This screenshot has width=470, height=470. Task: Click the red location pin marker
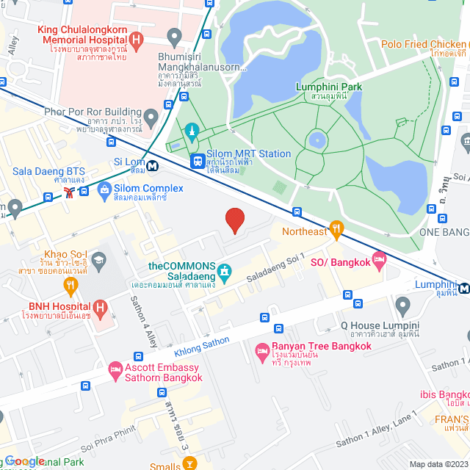(234, 220)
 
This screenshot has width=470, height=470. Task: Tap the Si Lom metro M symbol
(153, 166)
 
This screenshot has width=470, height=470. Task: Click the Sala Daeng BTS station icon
(69, 192)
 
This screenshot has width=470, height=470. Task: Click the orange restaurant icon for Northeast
(337, 231)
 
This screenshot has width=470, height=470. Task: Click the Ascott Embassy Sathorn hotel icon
(115, 371)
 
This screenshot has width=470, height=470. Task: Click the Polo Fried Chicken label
(424, 44)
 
